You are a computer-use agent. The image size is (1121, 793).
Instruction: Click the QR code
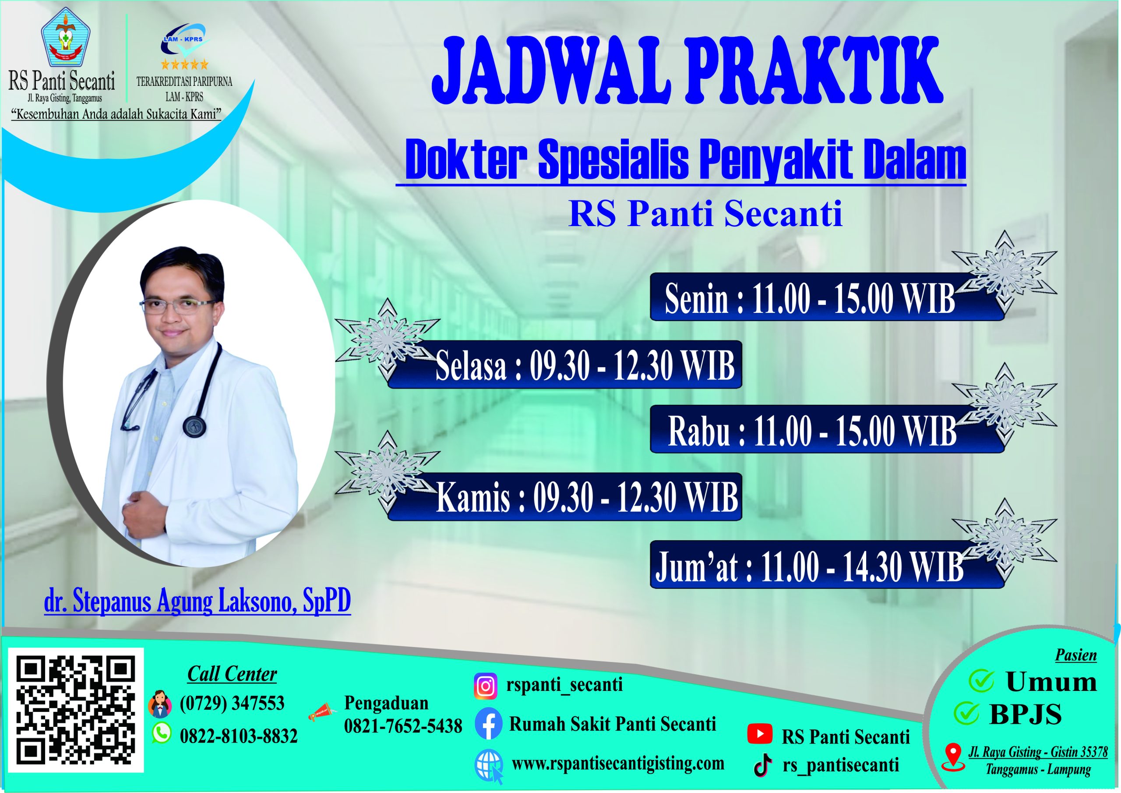point(76,710)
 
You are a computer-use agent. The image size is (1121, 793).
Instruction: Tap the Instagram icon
point(485,686)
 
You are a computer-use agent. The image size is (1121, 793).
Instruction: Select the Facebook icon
point(488,724)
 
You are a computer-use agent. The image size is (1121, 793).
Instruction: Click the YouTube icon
point(760,733)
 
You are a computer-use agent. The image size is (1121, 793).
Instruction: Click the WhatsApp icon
point(162,733)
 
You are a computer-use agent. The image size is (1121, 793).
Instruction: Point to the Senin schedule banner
point(827,297)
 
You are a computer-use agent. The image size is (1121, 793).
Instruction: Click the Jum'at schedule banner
point(827,564)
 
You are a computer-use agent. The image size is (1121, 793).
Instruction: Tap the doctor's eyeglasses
point(178,306)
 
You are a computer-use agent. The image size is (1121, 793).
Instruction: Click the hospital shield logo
point(65,37)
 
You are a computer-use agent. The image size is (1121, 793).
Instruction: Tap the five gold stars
point(184,64)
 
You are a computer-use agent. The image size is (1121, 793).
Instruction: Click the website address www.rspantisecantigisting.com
point(617,763)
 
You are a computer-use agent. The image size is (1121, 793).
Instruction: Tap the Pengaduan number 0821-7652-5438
point(403,726)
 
